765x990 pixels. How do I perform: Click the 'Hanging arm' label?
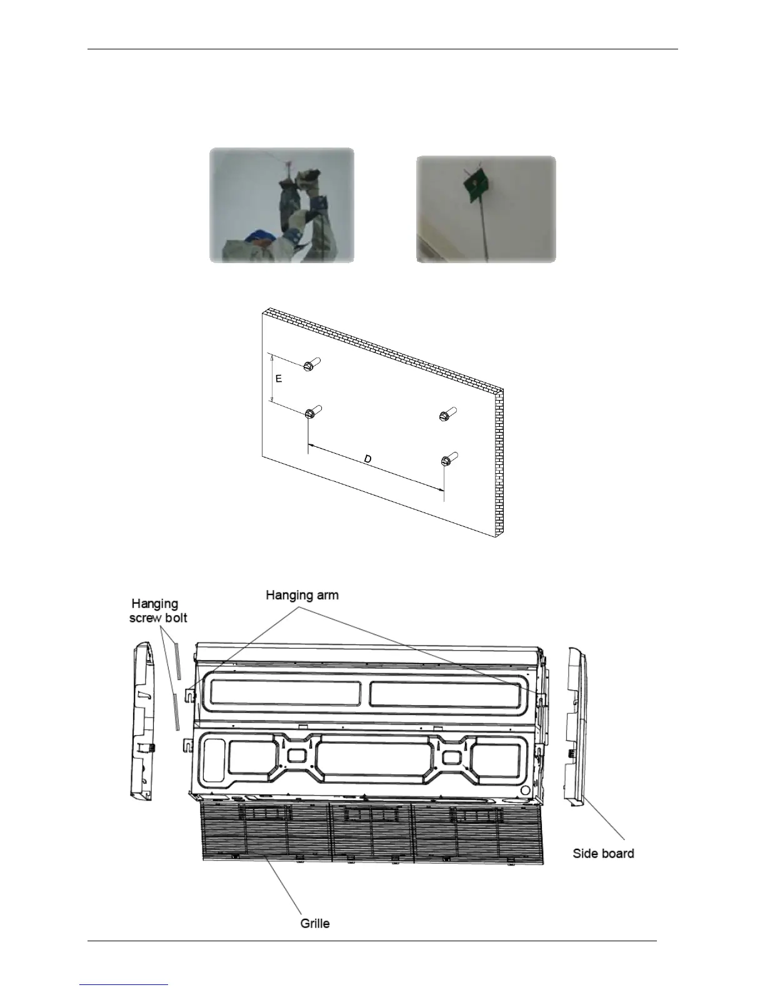coord(302,594)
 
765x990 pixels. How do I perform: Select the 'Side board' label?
coord(603,853)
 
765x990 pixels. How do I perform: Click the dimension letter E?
coord(279,379)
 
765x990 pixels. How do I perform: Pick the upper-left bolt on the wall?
coord(311,365)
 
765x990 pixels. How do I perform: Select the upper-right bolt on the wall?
coord(447,414)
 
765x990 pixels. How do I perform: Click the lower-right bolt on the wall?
coord(447,460)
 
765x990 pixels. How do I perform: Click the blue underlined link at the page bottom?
coord(124,985)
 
